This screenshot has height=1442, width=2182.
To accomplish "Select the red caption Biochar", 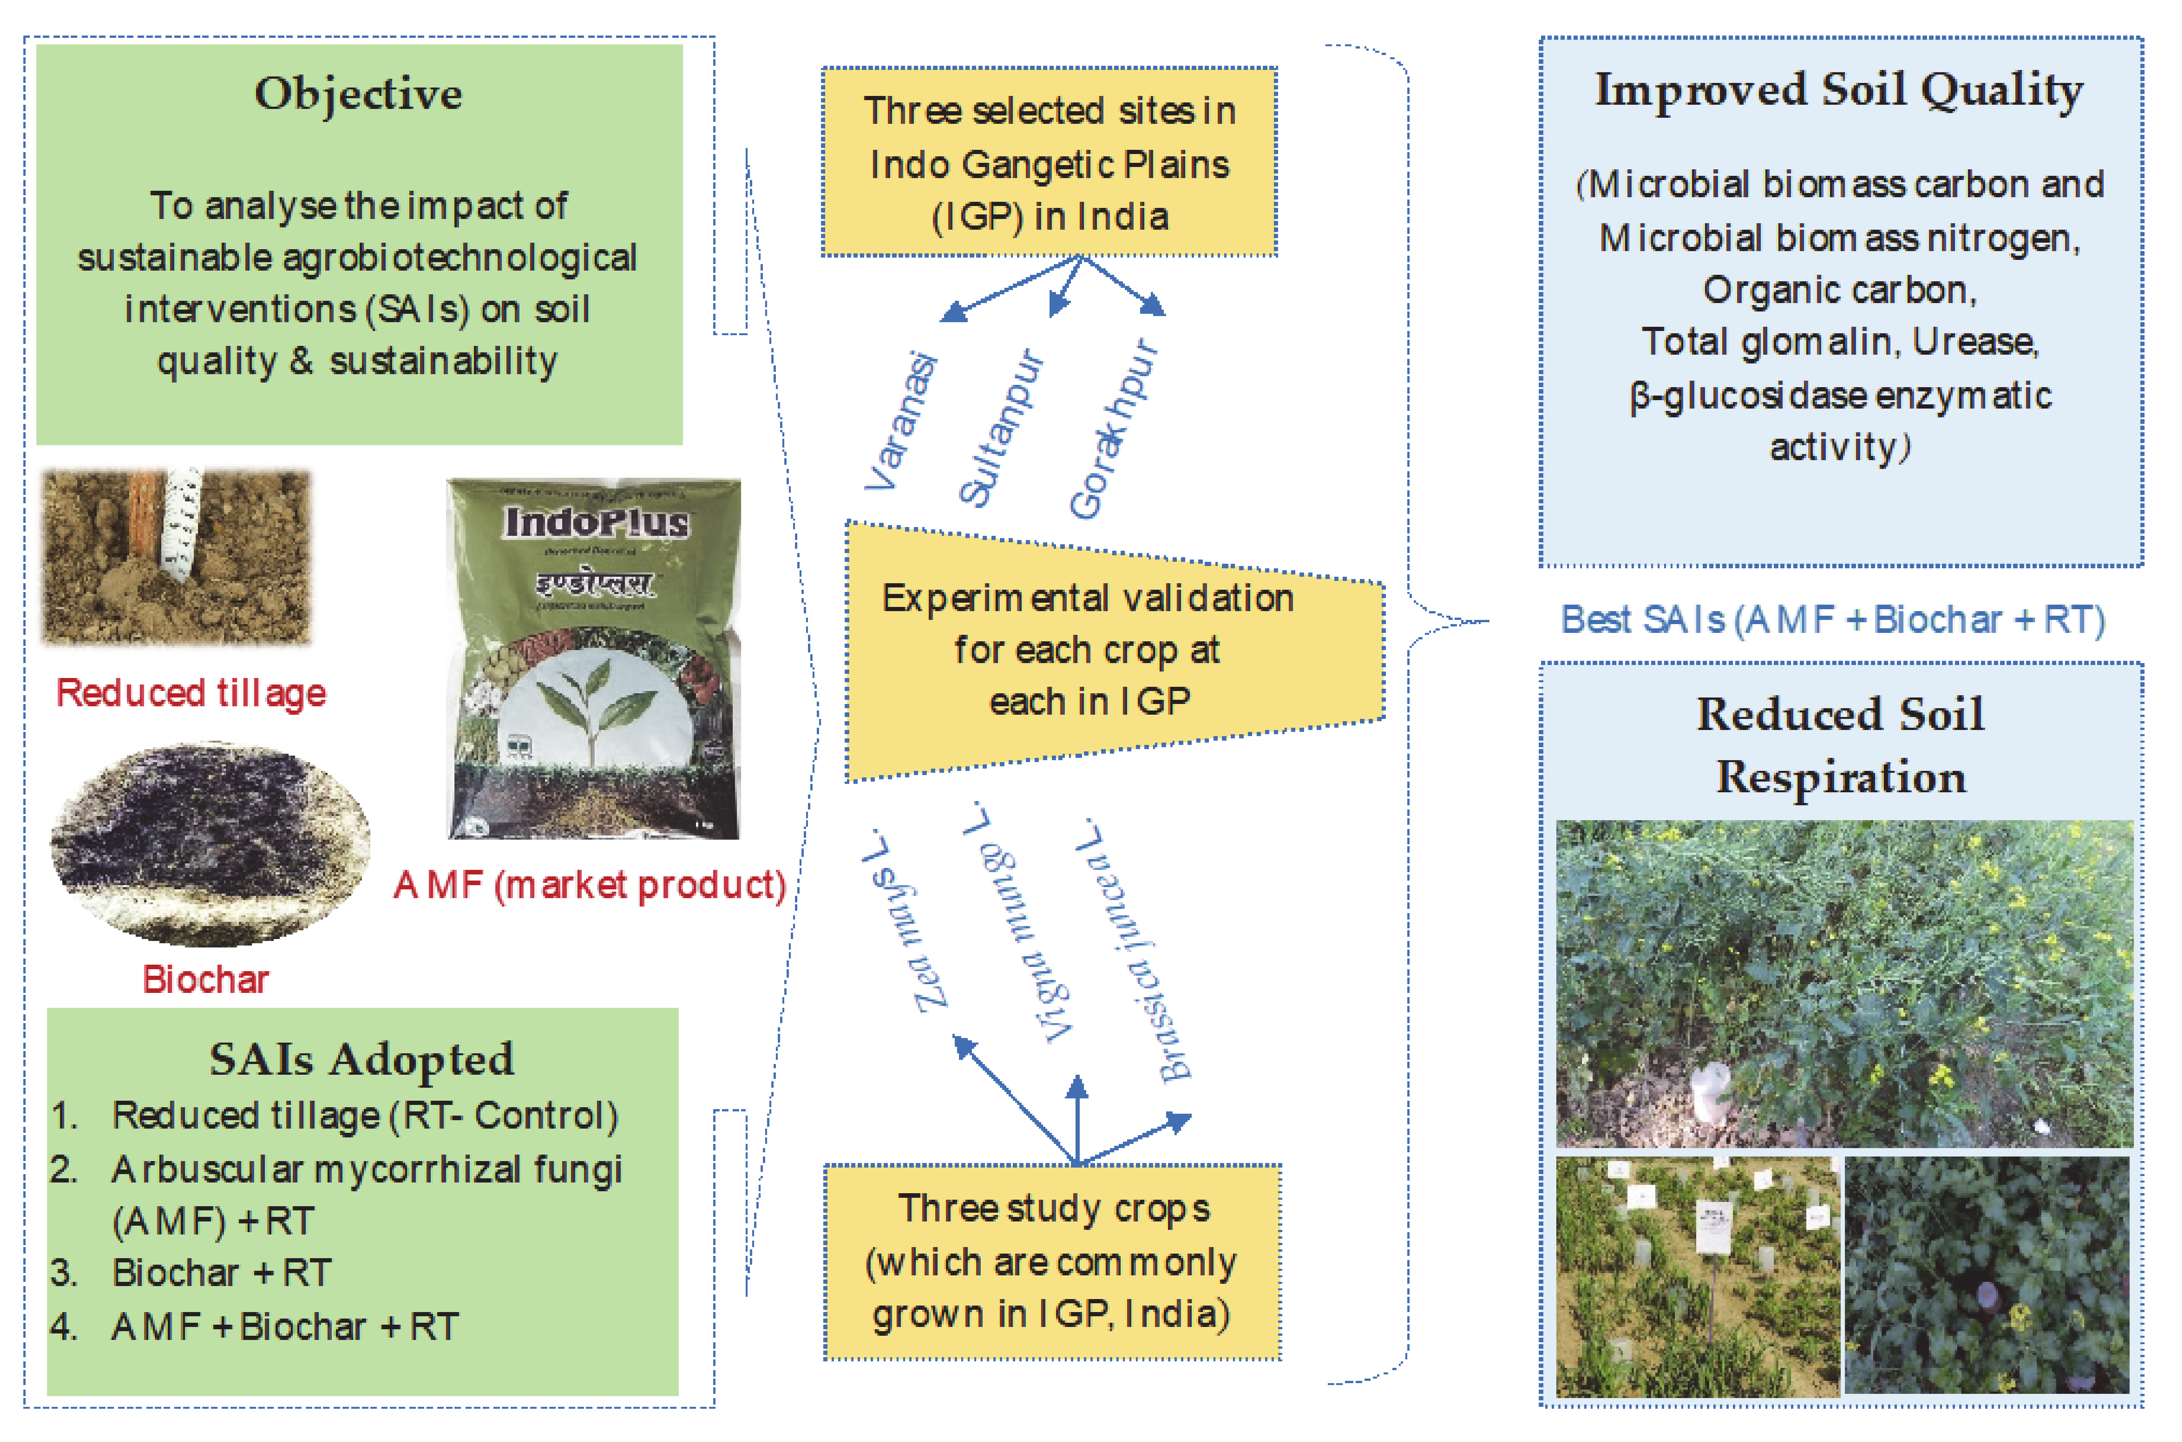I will (205, 980).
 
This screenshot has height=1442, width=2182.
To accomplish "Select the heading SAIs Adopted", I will (361, 1059).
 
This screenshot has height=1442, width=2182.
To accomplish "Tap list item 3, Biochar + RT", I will (221, 1273).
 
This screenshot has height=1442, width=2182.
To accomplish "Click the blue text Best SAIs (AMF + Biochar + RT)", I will (1833, 620).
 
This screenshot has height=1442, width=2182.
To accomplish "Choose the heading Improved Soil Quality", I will (1839, 90).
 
